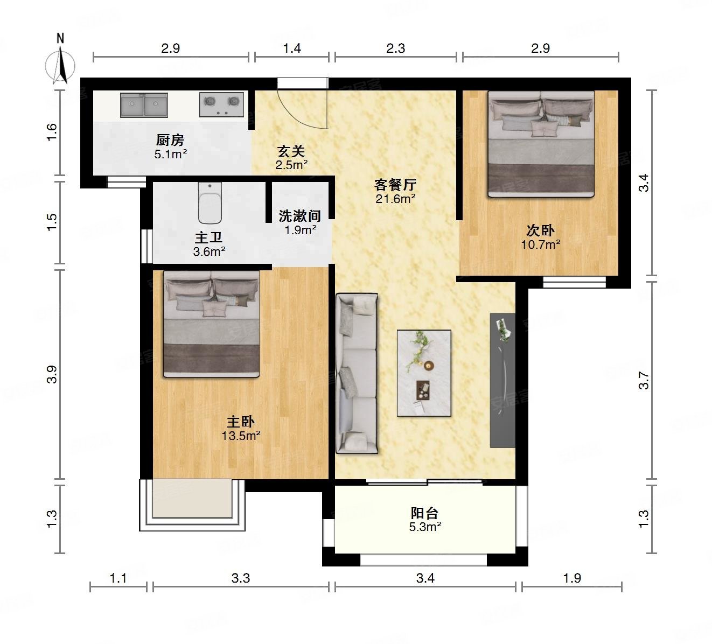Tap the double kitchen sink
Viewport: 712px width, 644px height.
144,105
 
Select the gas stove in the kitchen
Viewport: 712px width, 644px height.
221,104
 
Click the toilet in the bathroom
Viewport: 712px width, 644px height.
210,203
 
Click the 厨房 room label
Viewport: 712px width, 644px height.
170,140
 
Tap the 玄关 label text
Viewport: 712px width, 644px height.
291,152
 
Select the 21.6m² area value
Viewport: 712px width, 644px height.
395,199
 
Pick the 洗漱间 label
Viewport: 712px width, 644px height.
299,216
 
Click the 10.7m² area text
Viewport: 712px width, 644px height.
541,244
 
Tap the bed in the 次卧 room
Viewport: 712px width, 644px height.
541,144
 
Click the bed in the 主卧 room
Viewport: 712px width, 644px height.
211,324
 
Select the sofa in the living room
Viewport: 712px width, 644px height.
357,373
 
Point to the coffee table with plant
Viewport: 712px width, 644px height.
424,373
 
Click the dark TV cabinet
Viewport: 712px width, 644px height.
502,380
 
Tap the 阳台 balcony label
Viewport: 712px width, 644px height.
424,513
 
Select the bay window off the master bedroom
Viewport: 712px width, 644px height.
192,505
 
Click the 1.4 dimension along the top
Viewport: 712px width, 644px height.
292,48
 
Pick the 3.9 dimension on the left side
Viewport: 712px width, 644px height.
52,374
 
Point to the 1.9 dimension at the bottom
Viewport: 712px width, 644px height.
572,578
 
